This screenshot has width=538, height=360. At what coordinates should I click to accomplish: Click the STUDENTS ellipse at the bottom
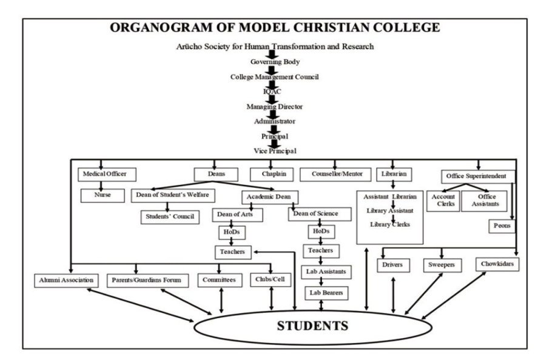(312, 325)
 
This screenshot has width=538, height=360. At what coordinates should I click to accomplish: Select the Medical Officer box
(107, 175)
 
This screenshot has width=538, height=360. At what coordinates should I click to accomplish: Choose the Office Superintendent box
(478, 176)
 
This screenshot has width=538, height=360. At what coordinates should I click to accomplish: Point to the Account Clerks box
(443, 201)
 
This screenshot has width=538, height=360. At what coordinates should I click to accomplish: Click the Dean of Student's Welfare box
(170, 196)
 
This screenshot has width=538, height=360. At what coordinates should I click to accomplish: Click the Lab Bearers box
(326, 293)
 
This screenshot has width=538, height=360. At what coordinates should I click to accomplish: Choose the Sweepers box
(441, 265)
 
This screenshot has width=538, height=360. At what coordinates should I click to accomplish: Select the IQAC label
(272, 91)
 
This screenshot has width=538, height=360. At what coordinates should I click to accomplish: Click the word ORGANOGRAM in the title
(160, 27)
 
